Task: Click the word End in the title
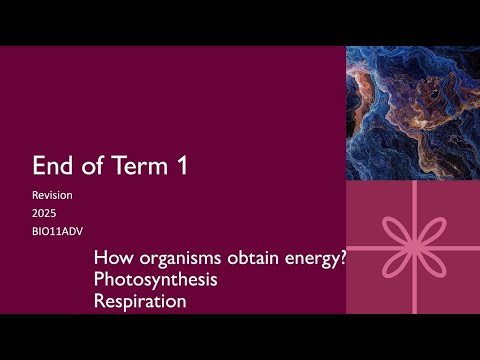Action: [54, 166]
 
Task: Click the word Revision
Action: [53, 196]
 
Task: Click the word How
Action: [110, 259]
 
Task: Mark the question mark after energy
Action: [341, 259]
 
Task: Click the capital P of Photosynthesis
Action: [97, 280]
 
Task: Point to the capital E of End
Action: [39, 166]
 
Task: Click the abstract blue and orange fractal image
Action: [413, 112]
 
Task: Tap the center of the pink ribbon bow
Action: [412, 247]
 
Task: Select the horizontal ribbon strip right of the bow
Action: [462, 247]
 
